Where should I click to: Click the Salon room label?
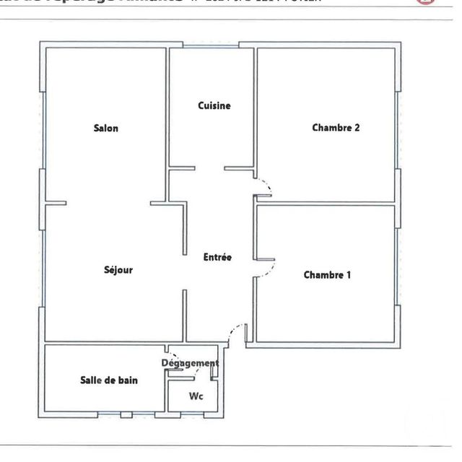[x=105, y=128]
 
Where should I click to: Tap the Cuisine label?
[x=214, y=105]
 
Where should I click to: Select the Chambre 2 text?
[x=336, y=128]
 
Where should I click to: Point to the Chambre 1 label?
[x=327, y=275]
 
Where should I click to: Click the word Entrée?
[x=217, y=256]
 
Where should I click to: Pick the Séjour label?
[x=118, y=270]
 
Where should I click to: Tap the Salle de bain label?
[x=108, y=380]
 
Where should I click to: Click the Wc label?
[x=196, y=396]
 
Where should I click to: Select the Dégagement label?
[x=190, y=363]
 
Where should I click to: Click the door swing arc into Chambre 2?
[x=263, y=185]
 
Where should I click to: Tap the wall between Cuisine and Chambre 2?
[x=255, y=108]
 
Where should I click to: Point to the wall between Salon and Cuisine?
[x=167, y=108]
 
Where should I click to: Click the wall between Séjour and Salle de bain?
[x=108, y=343]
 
